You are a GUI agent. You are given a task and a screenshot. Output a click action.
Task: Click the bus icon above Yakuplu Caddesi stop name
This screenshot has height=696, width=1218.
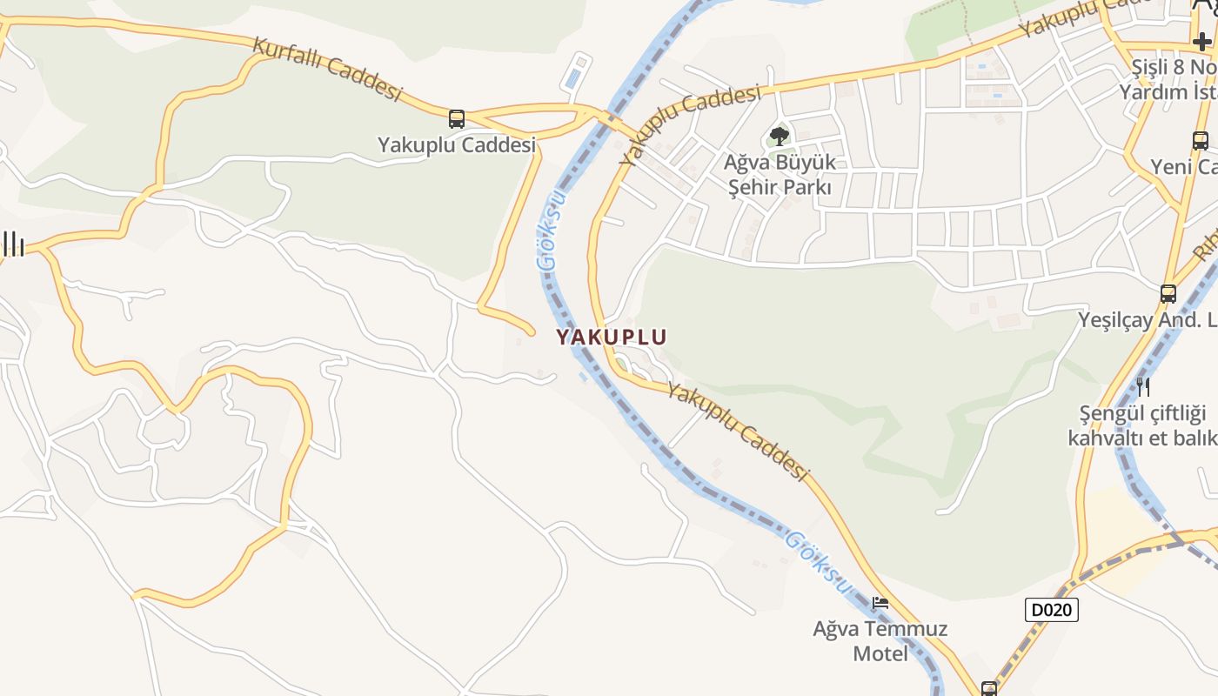[457, 119]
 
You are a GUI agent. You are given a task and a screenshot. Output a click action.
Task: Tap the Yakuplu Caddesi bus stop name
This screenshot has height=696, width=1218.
[457, 145]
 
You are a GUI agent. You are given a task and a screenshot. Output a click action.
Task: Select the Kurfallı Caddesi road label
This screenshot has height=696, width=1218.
[327, 69]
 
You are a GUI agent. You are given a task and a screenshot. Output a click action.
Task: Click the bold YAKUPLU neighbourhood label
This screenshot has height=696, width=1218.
[612, 337]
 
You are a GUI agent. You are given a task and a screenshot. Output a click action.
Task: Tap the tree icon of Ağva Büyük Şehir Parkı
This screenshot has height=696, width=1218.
[780, 136]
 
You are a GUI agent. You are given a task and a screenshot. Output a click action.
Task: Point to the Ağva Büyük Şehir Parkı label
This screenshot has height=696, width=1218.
[780, 174]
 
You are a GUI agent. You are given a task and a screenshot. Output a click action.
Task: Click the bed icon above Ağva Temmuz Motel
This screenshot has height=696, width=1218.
[880, 602]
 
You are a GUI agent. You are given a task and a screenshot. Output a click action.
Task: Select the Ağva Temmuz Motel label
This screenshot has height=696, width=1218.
[880, 640]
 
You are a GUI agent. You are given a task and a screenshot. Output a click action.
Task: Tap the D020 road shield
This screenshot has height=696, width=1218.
[1051, 610]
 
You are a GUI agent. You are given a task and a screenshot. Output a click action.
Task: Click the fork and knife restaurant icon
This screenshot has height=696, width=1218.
[1142, 386]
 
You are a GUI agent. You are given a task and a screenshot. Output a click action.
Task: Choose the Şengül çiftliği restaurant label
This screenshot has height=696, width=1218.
[1142, 425]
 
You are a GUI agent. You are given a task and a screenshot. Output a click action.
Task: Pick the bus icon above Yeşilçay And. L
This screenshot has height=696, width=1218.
[1168, 294]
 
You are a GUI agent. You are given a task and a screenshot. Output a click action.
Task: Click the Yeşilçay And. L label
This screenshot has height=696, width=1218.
[1148, 320]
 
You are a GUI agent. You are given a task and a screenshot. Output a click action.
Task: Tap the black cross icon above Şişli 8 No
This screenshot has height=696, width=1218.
[1201, 41]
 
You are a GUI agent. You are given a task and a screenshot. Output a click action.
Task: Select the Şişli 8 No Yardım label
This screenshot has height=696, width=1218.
[1171, 79]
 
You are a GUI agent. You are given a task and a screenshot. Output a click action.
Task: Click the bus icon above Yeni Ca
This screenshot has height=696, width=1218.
[1201, 140]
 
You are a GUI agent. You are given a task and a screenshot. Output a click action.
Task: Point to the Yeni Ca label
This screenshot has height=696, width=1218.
[1184, 166]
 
